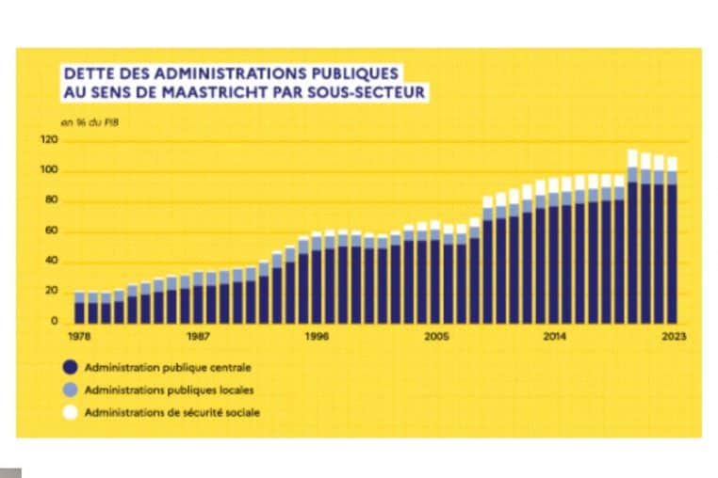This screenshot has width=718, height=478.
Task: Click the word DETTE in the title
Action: click(x=86, y=72)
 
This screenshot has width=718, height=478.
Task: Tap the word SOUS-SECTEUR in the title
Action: click(x=367, y=91)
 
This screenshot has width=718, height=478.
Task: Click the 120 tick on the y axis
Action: click(x=50, y=140)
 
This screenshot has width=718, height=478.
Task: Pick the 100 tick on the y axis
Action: click(x=50, y=170)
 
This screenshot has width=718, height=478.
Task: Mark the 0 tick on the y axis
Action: click(x=54, y=321)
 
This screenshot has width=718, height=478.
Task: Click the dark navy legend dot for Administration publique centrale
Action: click(x=71, y=367)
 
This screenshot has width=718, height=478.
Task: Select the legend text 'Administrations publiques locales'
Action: click(x=169, y=389)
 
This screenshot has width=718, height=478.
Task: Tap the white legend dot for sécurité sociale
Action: click(x=71, y=412)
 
